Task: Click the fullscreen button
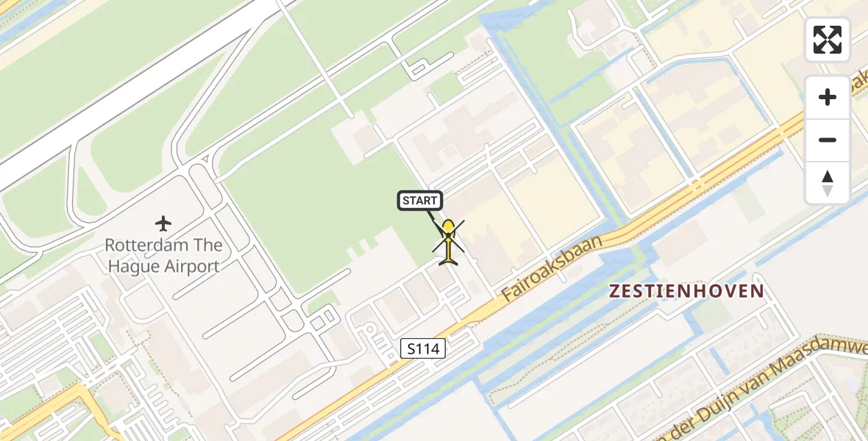[x=828, y=40]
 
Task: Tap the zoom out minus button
[x=828, y=140]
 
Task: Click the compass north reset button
[x=828, y=182]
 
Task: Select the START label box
[x=420, y=201]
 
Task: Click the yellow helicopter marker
[x=448, y=240]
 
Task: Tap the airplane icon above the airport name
[x=163, y=223]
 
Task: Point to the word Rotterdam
[x=144, y=245]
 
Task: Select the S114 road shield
[x=424, y=348]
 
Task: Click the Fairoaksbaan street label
[x=552, y=268]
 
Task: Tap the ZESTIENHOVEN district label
[x=687, y=292]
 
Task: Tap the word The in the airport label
[x=206, y=245]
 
